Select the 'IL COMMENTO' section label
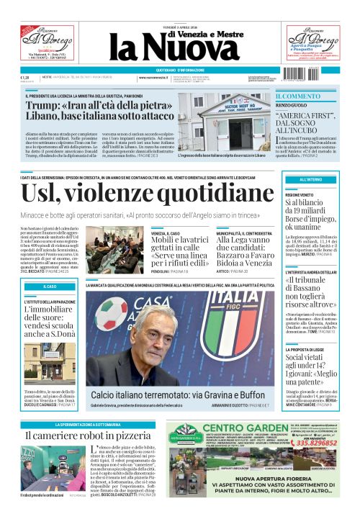(x=298, y=96)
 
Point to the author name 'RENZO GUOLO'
(x=292, y=106)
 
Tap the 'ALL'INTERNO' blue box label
(x=310, y=179)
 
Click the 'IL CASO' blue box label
(x=50, y=286)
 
